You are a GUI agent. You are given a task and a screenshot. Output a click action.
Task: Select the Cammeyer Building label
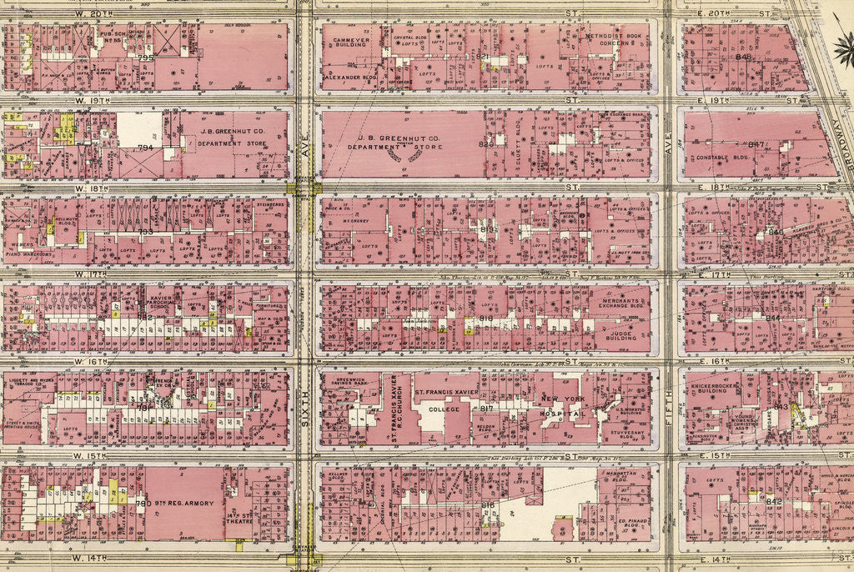(x=350, y=43)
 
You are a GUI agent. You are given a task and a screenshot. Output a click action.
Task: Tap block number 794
(x=145, y=148)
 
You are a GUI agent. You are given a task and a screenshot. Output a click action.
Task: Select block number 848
(x=744, y=57)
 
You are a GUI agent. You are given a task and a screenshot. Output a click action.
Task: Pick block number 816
(x=488, y=504)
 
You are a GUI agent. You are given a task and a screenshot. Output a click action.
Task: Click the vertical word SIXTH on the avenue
(x=304, y=409)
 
